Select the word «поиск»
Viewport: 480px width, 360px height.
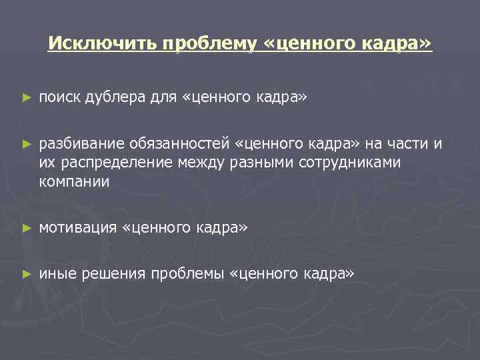click(59, 98)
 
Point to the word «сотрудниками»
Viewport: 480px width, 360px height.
click(349, 163)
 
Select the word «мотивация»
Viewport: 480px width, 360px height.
click(77, 228)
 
